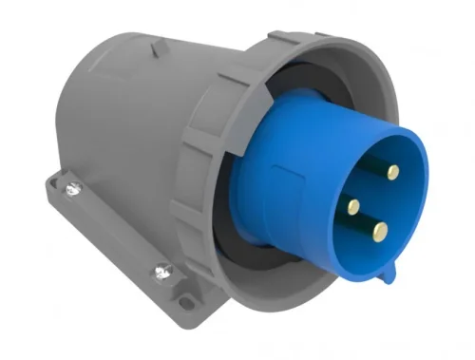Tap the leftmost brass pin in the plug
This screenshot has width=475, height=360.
[353, 205]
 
